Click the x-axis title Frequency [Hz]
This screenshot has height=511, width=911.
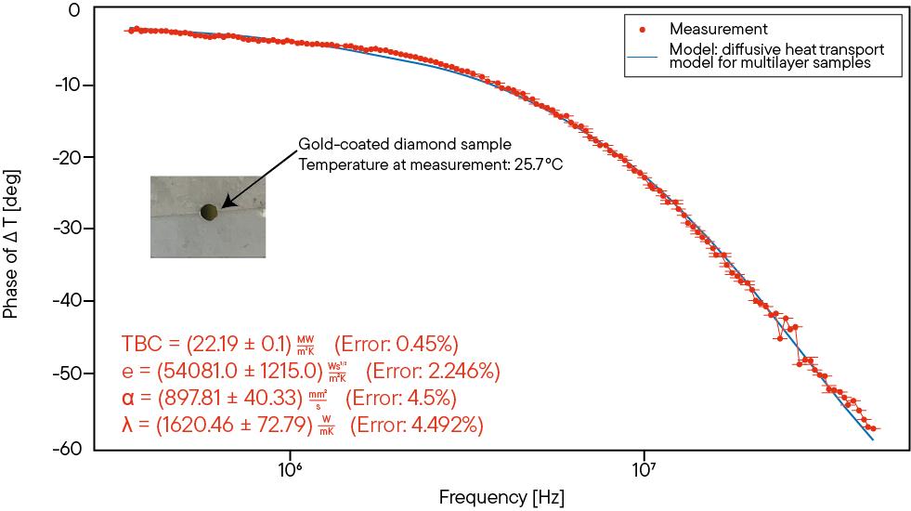501,495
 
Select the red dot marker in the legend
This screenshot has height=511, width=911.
642,30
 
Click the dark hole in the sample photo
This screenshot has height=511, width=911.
209,213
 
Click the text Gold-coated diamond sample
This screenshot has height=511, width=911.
405,145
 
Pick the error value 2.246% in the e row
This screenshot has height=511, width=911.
463,372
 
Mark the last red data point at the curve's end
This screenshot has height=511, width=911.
874,429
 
